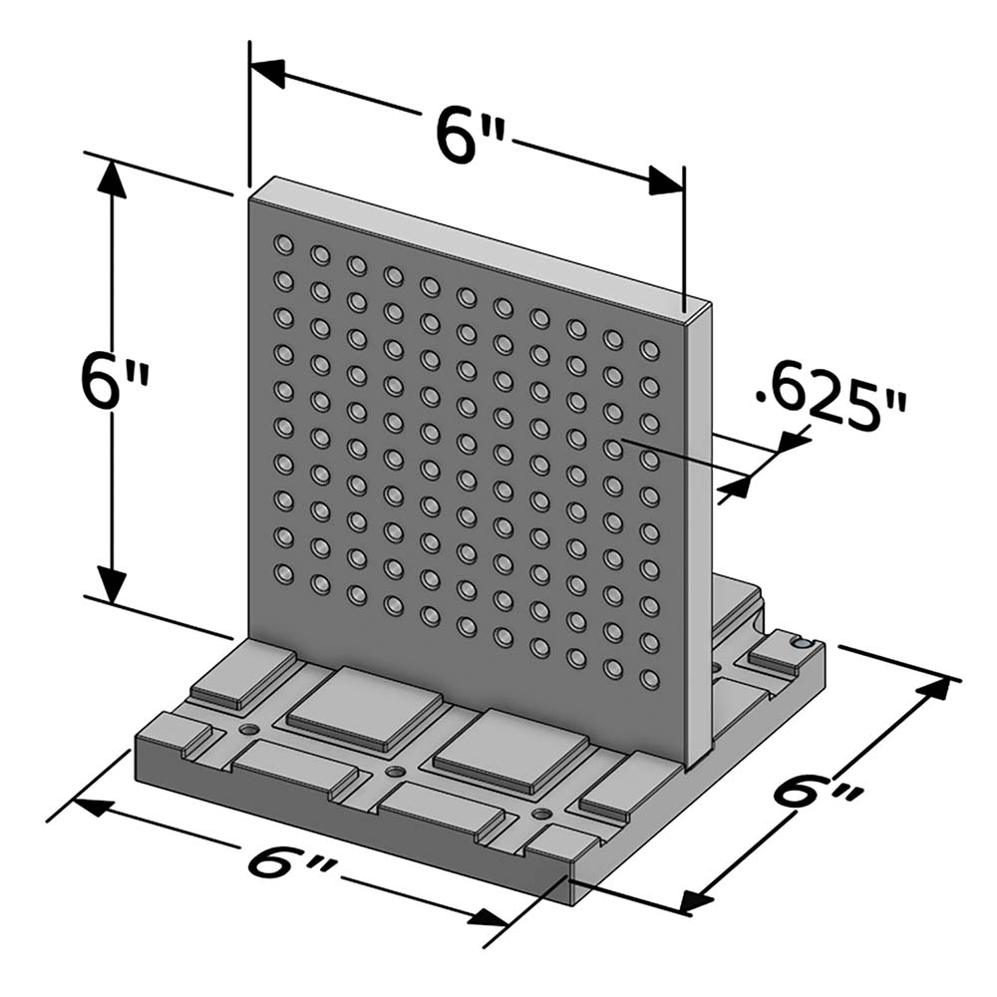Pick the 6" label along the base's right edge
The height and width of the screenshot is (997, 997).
[x=818, y=798]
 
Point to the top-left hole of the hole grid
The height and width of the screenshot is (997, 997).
[x=284, y=243]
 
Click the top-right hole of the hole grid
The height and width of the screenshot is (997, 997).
[x=650, y=349]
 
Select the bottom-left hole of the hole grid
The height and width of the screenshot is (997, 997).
[x=284, y=573]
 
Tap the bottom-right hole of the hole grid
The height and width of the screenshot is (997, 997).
[x=650, y=680]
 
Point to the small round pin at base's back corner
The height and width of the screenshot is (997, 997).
[x=800, y=645]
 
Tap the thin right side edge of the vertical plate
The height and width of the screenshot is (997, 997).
[x=701, y=538]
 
